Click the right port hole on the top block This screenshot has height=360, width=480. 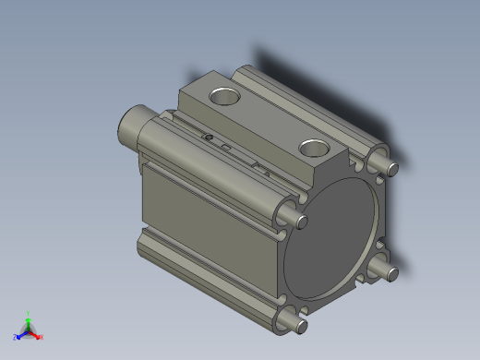tap(315, 146)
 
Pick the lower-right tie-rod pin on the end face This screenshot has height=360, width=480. tap(388, 271)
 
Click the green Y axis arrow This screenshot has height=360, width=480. tap(29, 320)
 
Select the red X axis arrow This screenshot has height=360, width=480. tap(36, 335)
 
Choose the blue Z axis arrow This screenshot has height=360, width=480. tap(20, 334)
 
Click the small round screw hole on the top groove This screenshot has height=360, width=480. tap(208, 138)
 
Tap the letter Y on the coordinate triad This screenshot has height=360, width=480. tap(29, 313)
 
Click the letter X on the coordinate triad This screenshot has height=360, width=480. tap(42, 338)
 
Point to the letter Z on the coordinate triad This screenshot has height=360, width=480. tap(15, 338)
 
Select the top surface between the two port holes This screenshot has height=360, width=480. tap(268, 119)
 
